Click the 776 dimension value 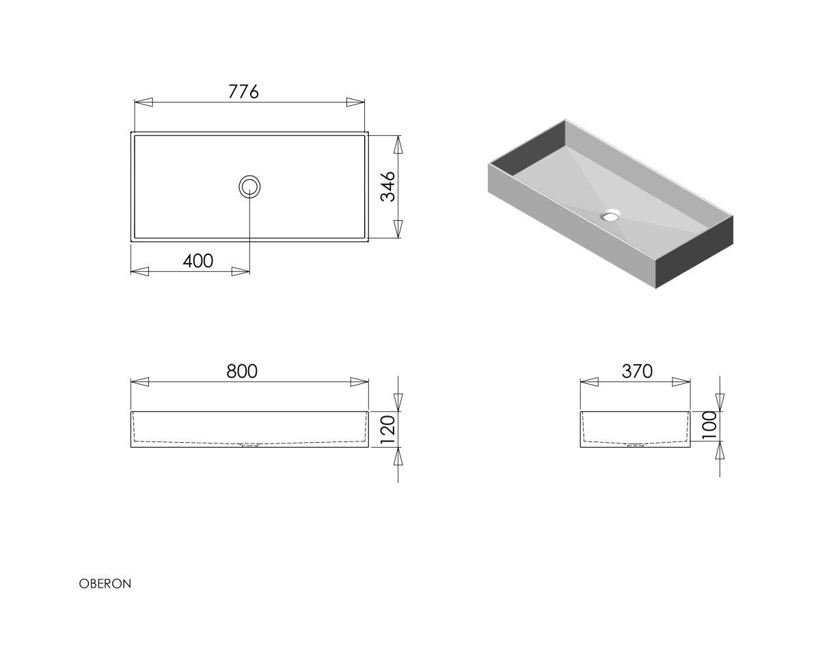coord(243,92)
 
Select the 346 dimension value coord(387,187)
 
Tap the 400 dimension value coord(198,261)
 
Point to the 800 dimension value coord(242,371)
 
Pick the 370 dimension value coord(637,371)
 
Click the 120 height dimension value coord(387,430)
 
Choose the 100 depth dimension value coord(709,425)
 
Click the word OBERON coord(105,584)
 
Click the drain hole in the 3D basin coord(611,215)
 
